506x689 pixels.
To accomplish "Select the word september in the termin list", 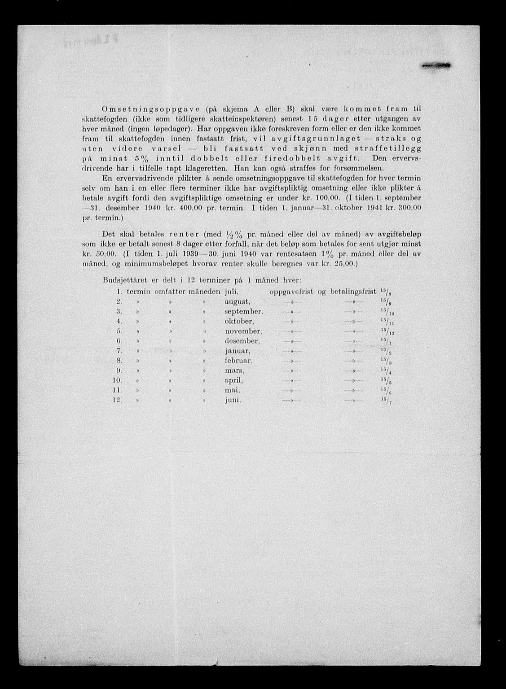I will point(244,311).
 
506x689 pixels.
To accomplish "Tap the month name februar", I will point(238,361).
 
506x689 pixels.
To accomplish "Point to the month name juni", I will point(233,400).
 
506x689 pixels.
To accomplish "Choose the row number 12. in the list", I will point(118,400).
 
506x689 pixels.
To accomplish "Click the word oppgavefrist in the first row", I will point(291,292).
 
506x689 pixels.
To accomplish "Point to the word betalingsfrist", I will point(353,292).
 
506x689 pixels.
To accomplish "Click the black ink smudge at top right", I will point(436,66).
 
